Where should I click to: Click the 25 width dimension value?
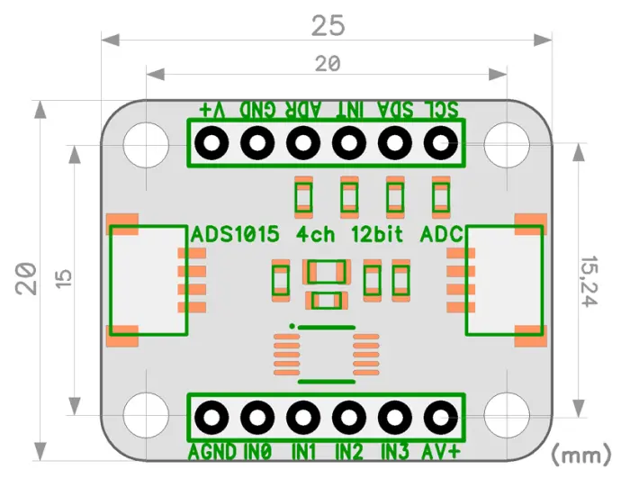pyautogui.click(x=328, y=26)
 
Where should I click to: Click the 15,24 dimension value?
pyautogui.click(x=589, y=281)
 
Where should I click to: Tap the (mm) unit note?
pyautogui.click(x=581, y=455)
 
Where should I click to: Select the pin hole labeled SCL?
pyautogui.click(x=441, y=143)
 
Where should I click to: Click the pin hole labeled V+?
pyautogui.click(x=211, y=143)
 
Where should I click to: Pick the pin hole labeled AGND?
pyautogui.click(x=211, y=418)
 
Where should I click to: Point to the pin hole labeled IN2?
pyautogui.click(x=349, y=418)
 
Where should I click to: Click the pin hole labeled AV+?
pyautogui.click(x=441, y=418)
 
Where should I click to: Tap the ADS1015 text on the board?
pyautogui.click(x=235, y=234)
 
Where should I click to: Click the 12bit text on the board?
pyautogui.click(x=377, y=234)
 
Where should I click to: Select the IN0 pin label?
pyautogui.click(x=258, y=451)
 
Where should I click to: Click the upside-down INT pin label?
pyautogui.click(x=349, y=109)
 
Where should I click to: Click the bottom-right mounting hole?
pyautogui.click(x=507, y=415)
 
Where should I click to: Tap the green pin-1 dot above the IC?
pyautogui.click(x=292, y=326)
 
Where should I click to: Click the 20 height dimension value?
pyautogui.click(x=26, y=279)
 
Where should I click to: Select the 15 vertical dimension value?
pyautogui.click(x=64, y=278)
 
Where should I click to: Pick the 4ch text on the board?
pyautogui.click(x=315, y=234)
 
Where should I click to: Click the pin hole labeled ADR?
pyautogui.click(x=303, y=143)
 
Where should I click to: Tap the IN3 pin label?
pyautogui.click(x=395, y=451)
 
